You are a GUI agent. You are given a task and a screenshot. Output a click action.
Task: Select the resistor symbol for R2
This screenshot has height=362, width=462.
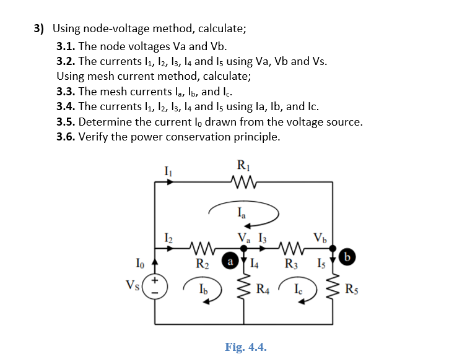(203, 248)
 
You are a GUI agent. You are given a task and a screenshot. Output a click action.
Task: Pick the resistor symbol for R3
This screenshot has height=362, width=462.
(289, 248)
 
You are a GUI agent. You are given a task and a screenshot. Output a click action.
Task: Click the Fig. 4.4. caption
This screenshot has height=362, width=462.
(246, 347)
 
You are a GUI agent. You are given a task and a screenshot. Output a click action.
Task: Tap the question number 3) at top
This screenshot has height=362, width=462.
(40, 28)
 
